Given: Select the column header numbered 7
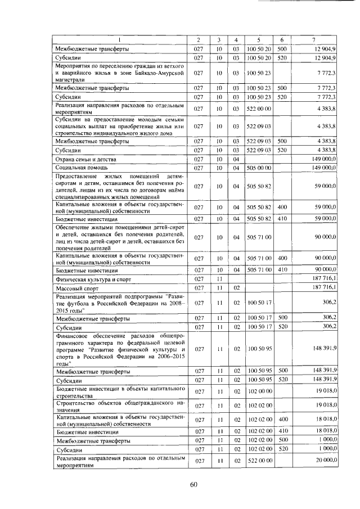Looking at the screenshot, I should tap(313, 39).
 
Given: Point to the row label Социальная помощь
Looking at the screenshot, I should tap(77, 168).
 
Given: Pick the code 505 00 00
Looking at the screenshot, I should tap(259, 168).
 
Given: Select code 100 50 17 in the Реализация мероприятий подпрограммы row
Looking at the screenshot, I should tap(259, 303).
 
